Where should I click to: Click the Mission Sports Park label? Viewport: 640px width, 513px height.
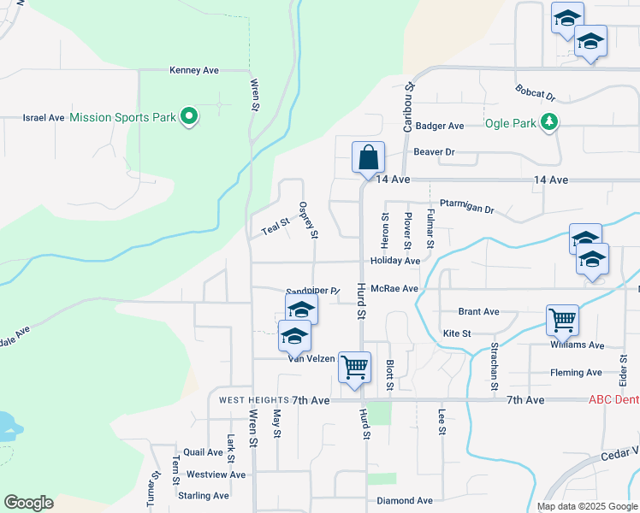122,117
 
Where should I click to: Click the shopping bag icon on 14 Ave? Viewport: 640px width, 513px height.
368,157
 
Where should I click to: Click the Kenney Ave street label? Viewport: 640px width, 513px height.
195,70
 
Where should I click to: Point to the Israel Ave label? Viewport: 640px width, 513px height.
44,117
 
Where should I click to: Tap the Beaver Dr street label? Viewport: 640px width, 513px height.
434,152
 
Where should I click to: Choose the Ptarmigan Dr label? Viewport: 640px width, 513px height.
467,208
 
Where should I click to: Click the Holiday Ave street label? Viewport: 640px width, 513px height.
395,261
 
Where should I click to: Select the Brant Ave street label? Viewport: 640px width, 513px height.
478,312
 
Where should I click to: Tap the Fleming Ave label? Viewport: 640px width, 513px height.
576,373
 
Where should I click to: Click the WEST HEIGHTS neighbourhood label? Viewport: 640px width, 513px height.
252,400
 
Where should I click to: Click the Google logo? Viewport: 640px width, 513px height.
28,503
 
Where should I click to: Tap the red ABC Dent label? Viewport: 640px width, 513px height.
613,400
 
